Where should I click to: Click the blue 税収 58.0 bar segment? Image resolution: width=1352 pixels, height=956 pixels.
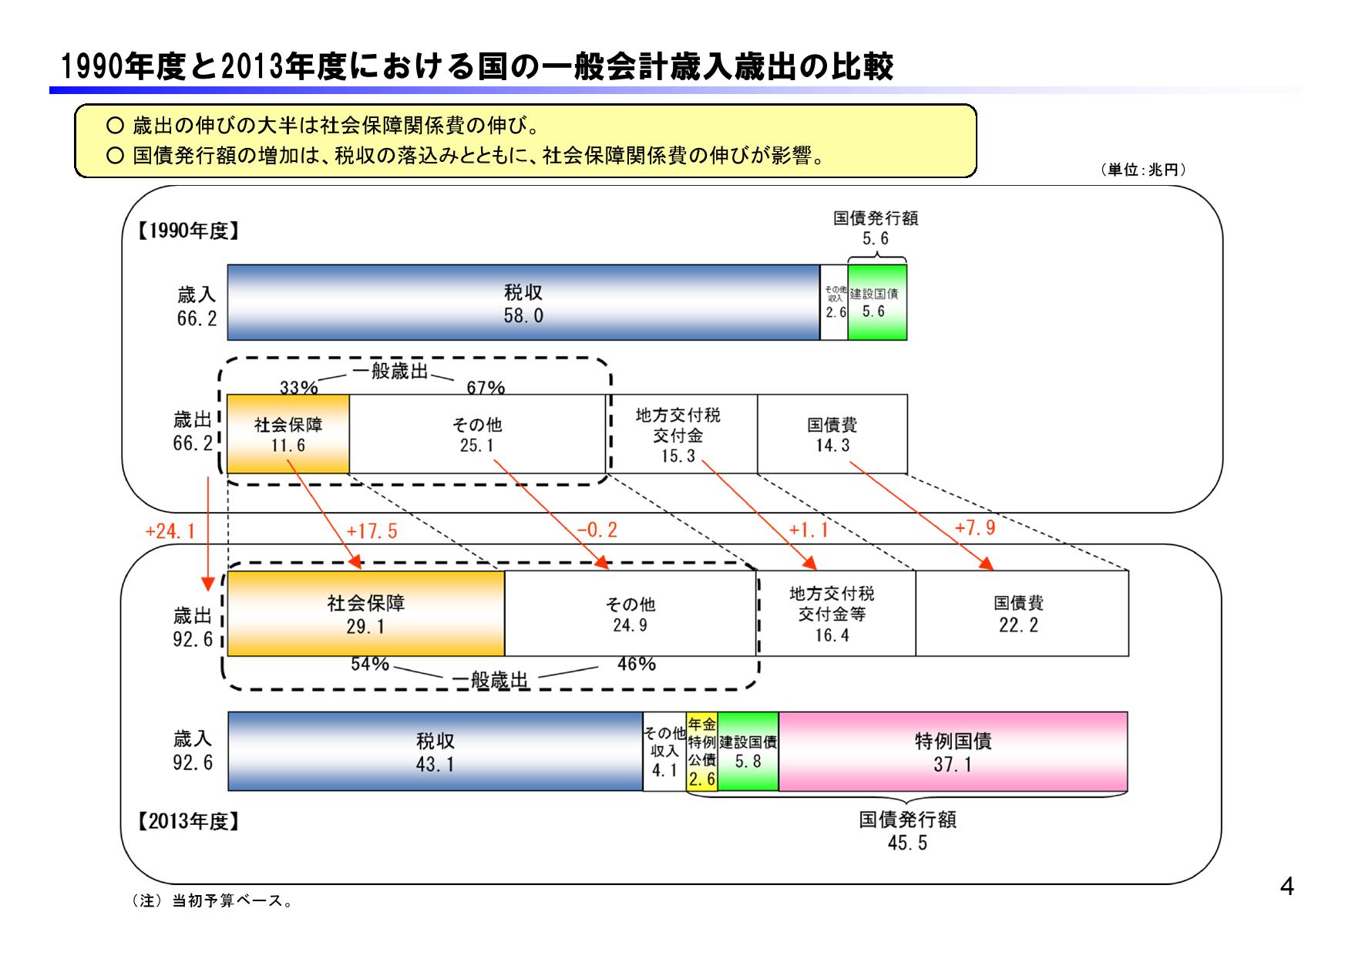(523, 303)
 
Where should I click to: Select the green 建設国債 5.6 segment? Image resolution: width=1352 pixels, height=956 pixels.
(877, 303)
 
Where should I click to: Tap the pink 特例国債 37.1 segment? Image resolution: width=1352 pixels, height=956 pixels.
(953, 752)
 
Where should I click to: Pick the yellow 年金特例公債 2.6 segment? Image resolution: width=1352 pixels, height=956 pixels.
(701, 752)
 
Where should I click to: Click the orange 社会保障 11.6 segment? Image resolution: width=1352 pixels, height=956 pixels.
(288, 434)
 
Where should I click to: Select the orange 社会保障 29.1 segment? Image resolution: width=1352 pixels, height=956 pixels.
(365, 614)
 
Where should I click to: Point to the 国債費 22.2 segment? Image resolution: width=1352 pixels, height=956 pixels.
(1021, 614)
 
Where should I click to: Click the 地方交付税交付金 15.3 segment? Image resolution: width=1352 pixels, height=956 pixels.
(678, 435)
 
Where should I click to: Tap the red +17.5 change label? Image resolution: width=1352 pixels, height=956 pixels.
(372, 531)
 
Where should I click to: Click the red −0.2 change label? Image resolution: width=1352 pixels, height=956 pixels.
(597, 530)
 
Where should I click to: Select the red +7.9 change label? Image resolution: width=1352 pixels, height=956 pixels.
(974, 527)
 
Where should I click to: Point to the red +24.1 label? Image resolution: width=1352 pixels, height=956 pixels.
(170, 531)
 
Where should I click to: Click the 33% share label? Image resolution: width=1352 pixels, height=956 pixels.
(298, 388)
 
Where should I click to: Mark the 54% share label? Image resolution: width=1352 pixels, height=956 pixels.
(370, 664)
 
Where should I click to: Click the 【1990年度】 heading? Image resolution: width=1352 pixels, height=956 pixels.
(187, 231)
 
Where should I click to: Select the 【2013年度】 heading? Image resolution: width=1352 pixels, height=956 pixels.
(187, 822)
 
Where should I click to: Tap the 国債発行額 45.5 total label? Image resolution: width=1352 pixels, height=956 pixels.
(907, 830)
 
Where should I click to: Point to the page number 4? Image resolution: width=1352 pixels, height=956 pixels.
(1286, 887)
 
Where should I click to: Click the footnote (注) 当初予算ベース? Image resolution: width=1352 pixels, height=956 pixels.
(213, 900)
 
